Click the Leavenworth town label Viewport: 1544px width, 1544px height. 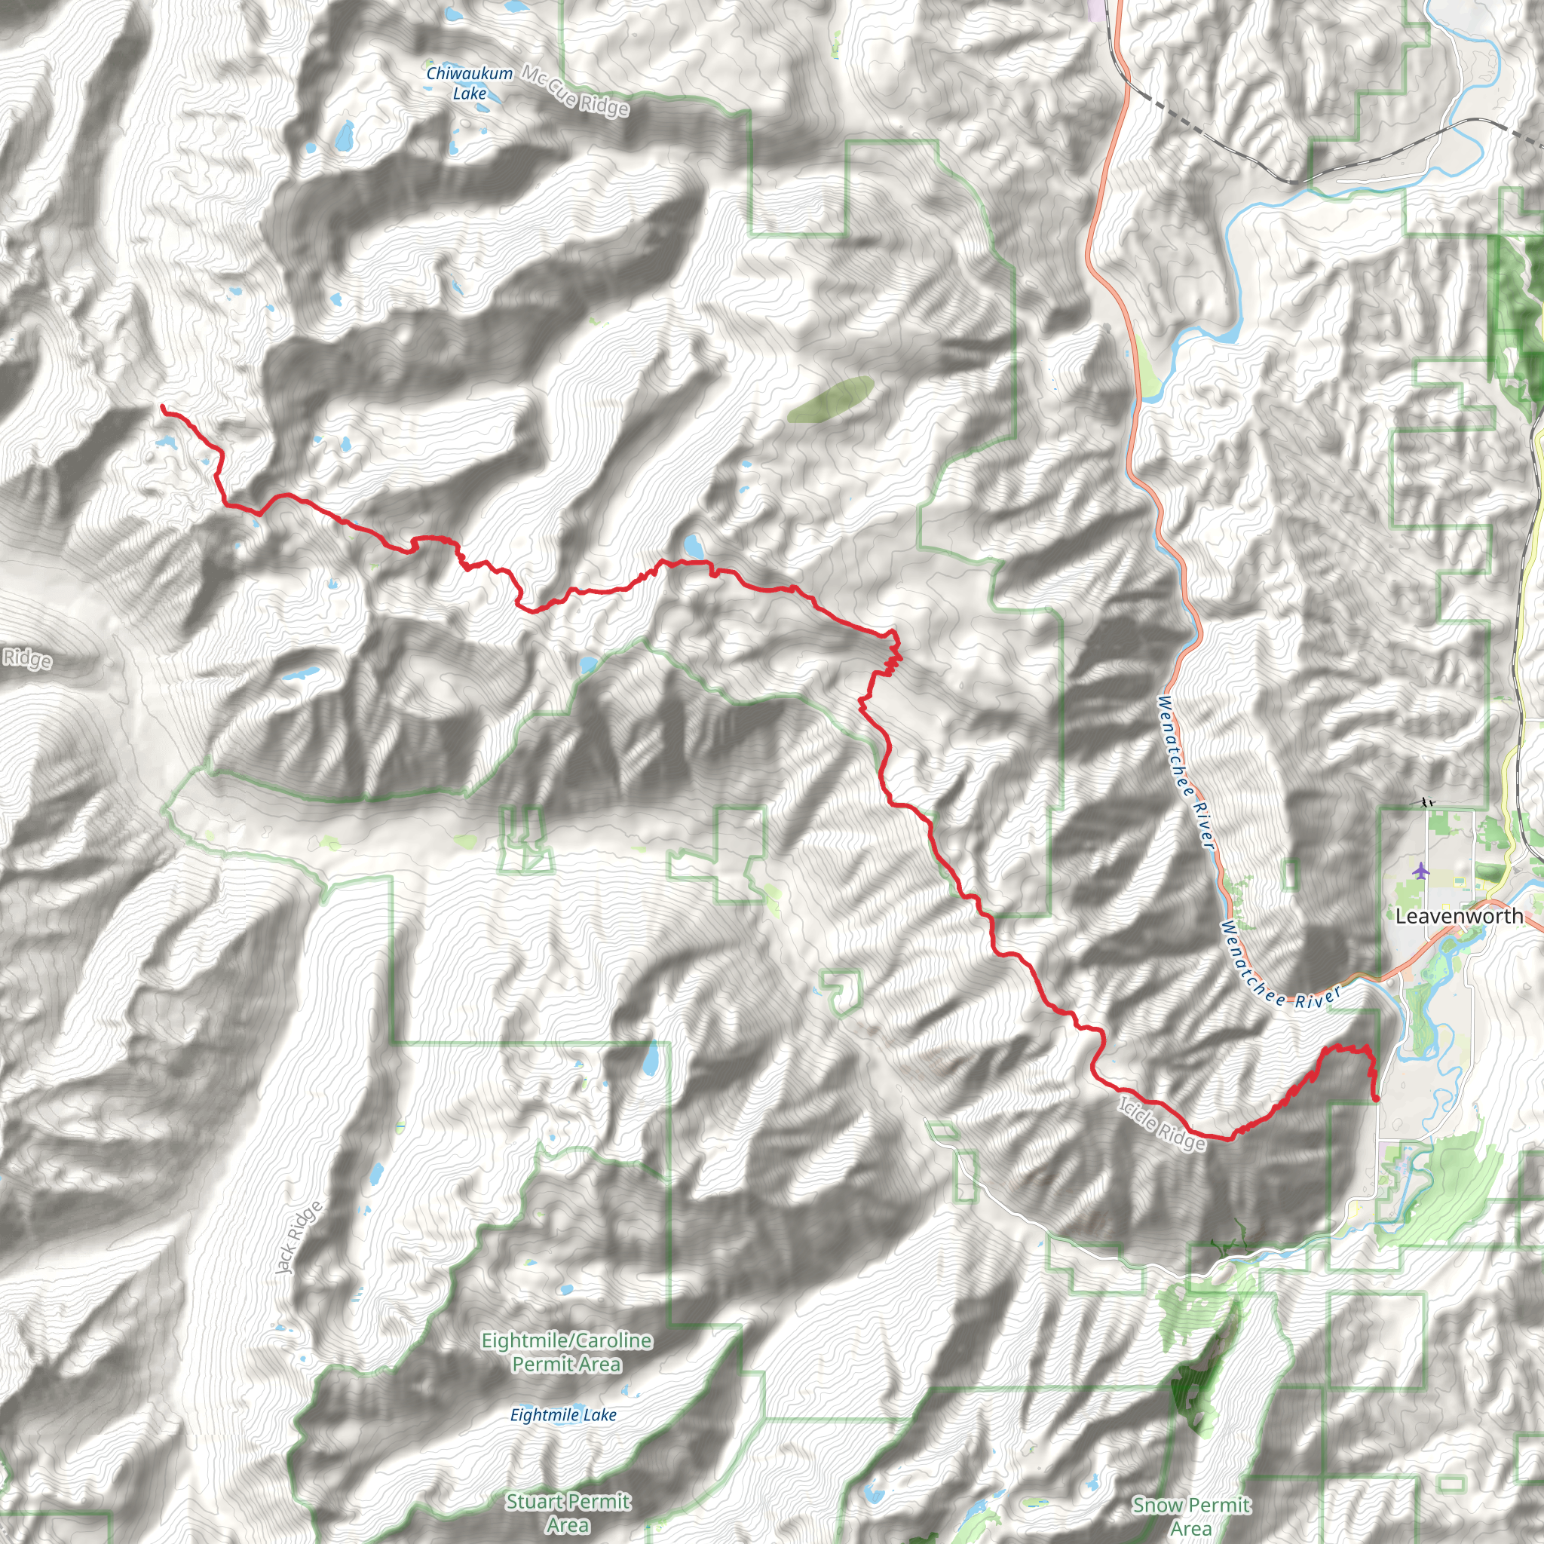point(1459,917)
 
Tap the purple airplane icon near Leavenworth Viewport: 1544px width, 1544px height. point(1420,869)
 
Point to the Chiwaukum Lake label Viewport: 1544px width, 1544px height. point(469,83)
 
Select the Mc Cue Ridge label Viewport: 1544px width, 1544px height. point(575,91)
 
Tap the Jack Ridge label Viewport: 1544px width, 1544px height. point(298,1238)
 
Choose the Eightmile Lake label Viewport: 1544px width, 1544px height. point(563,1415)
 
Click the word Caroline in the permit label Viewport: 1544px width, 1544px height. point(608,1340)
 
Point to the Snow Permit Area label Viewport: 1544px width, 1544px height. point(1190,1516)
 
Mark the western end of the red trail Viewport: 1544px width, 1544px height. point(163,408)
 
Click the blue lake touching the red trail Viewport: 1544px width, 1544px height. point(693,547)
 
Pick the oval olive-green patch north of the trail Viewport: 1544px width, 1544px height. point(829,399)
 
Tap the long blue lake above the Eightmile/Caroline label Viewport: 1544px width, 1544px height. point(652,1060)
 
